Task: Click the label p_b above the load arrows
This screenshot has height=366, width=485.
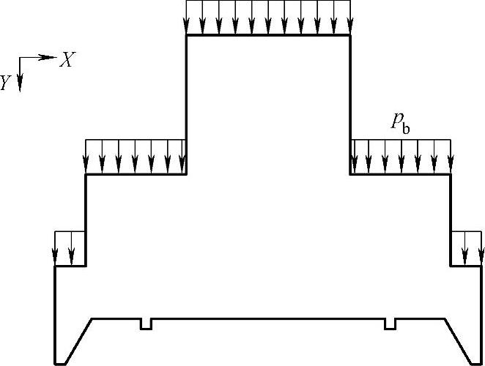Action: pyautogui.click(x=400, y=124)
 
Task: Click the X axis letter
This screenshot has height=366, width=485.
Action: pyautogui.click(x=66, y=61)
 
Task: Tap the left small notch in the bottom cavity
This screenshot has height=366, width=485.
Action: pyautogui.click(x=146, y=324)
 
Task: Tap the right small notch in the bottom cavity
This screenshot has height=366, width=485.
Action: pyautogui.click(x=390, y=324)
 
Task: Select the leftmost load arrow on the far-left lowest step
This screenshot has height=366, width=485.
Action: pyautogui.click(x=56, y=248)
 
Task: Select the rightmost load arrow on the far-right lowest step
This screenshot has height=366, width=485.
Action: pyautogui.click(x=481, y=248)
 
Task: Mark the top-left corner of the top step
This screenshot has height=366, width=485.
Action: pyautogui.click(x=187, y=35)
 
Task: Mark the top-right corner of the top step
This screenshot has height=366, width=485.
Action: pyautogui.click(x=350, y=35)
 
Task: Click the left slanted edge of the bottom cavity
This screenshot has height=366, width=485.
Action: pyautogui.click(x=78, y=340)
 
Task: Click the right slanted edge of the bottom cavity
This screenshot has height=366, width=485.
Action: pyautogui.click(x=457, y=340)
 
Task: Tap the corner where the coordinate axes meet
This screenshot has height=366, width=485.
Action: pyautogui.click(x=20, y=58)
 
